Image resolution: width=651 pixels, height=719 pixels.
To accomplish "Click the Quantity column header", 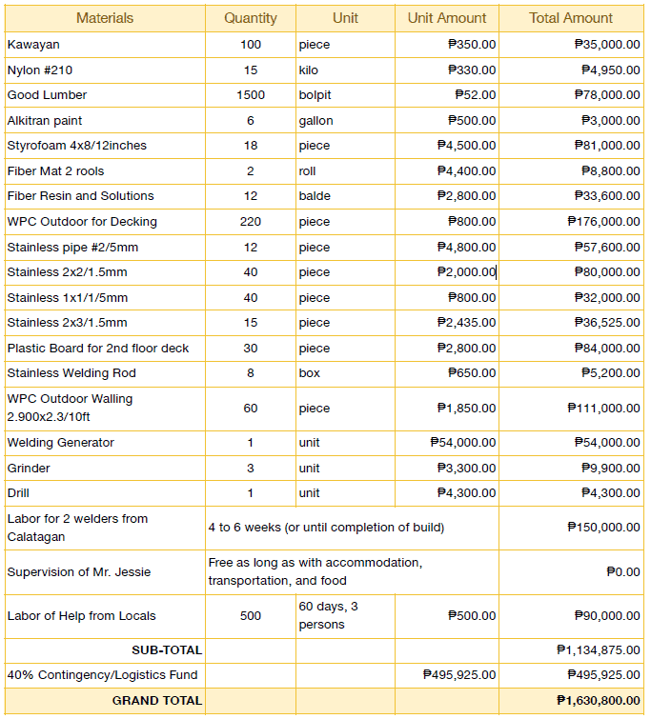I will click(x=251, y=18).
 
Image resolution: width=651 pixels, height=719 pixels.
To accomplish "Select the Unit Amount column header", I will click(x=447, y=18).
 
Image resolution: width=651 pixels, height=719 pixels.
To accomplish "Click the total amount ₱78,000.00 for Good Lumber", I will click(x=607, y=95).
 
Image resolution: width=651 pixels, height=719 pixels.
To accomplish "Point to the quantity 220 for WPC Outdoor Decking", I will click(x=251, y=222).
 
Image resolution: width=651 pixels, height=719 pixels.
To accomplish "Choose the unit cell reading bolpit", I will click(x=315, y=95).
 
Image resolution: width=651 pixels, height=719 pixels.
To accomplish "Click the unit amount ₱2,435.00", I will click(x=466, y=323).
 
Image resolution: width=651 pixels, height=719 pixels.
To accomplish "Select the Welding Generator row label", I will click(x=60, y=443).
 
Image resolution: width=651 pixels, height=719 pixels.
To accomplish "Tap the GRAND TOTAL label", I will click(x=157, y=701).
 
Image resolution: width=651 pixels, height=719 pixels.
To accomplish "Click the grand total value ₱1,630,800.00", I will click(x=599, y=701).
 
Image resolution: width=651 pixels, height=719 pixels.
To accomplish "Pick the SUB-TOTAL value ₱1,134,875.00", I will click(x=599, y=650).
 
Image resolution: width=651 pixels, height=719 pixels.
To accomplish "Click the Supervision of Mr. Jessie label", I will click(x=79, y=572).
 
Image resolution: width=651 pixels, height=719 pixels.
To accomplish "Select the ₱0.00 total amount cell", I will click(x=623, y=572).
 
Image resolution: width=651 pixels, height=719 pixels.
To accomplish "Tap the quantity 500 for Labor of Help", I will click(x=251, y=616).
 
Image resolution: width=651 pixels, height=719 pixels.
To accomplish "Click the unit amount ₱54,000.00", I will click(x=462, y=443).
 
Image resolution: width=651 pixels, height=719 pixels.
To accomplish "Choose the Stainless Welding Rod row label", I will click(x=71, y=373).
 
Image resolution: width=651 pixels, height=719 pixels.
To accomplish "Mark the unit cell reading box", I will click(x=309, y=373).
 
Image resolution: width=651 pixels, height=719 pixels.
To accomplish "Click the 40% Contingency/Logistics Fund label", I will click(x=102, y=675).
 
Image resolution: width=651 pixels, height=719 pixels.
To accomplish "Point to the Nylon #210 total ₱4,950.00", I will click(x=611, y=70).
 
